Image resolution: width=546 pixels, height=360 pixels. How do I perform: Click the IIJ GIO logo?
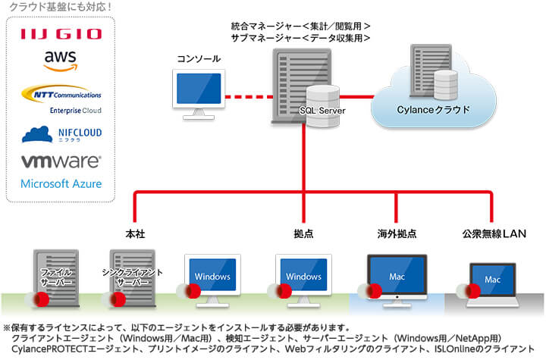click(61, 34)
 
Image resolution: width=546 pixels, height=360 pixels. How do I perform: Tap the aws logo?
click(61, 61)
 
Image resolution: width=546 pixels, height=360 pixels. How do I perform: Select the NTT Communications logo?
click(61, 99)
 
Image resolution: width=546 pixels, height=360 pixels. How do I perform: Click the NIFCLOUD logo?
click(61, 134)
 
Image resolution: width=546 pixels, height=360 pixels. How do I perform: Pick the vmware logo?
click(61, 161)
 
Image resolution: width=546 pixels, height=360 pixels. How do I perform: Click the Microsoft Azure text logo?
click(61, 183)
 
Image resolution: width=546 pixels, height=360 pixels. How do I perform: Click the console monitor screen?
click(199, 89)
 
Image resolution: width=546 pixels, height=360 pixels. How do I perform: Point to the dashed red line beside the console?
click(249, 97)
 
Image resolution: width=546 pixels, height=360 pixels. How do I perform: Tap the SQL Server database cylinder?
click(322, 106)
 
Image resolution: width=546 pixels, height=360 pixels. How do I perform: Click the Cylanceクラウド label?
click(433, 110)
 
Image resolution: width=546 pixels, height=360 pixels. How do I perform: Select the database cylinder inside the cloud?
click(446, 86)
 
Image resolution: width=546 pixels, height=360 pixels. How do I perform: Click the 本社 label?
click(135, 233)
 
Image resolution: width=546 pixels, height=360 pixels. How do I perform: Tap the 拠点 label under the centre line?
click(303, 233)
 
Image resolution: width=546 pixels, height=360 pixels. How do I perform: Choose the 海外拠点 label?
click(397, 233)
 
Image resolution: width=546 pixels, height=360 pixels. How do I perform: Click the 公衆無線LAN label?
click(494, 233)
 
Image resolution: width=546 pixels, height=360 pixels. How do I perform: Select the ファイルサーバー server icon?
click(56, 278)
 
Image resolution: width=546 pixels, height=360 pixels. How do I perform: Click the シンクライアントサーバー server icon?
click(132, 278)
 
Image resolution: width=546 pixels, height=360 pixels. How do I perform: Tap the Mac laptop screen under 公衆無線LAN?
click(492, 280)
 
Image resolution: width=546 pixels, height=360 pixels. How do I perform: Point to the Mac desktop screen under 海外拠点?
click(397, 275)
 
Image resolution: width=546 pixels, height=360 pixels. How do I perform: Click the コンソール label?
click(199, 58)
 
